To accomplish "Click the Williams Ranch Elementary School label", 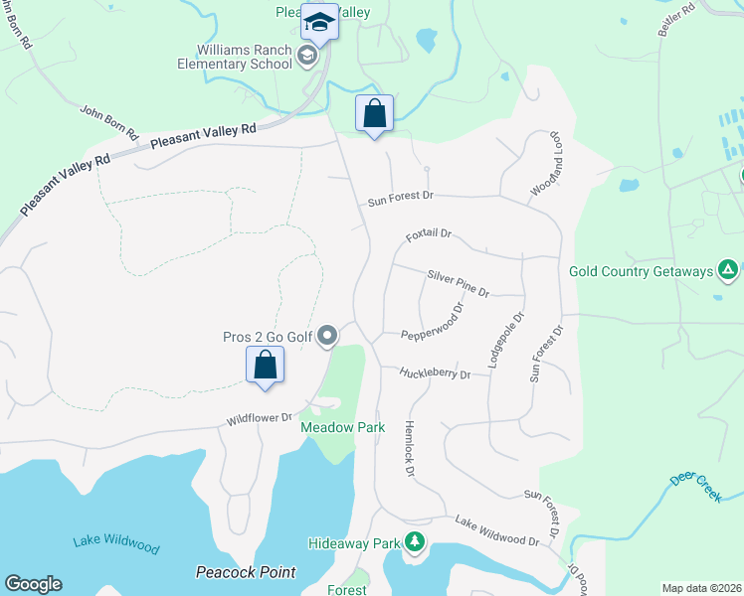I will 245,59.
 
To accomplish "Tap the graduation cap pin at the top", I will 320,22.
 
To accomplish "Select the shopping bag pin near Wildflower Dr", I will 266,365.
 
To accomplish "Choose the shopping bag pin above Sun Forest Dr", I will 374,113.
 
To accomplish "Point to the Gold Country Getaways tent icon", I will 728,270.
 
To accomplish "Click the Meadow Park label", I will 328,427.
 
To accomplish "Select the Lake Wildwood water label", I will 115,543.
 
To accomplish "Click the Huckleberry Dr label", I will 435,373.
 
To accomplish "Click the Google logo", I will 33,583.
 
